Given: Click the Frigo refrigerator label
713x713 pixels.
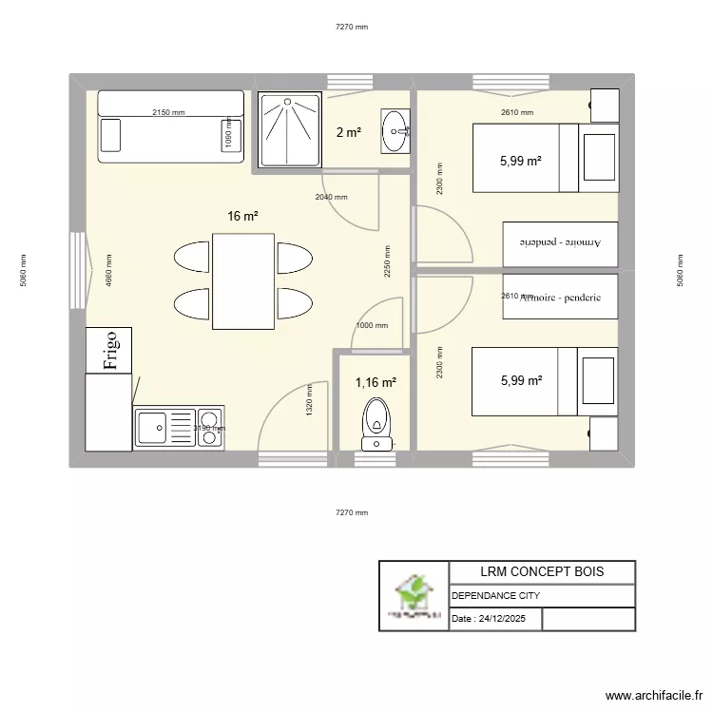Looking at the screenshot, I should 109,350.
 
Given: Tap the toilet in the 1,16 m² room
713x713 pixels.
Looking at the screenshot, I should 376,423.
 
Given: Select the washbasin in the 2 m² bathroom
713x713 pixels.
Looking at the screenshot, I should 395,131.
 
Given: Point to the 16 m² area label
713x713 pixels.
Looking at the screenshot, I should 242,216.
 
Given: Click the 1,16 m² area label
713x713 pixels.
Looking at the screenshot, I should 376,382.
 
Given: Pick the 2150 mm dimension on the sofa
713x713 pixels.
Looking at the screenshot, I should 168,113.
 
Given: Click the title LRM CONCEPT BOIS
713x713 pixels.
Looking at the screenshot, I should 542,571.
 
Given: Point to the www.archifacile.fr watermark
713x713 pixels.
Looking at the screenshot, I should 652,696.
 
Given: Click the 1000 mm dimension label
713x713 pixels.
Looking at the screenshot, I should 372,325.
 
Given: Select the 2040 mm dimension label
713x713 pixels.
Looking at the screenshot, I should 332,198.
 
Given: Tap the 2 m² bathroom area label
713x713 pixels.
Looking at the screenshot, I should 348,132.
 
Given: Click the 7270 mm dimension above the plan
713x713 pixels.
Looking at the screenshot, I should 351,27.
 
